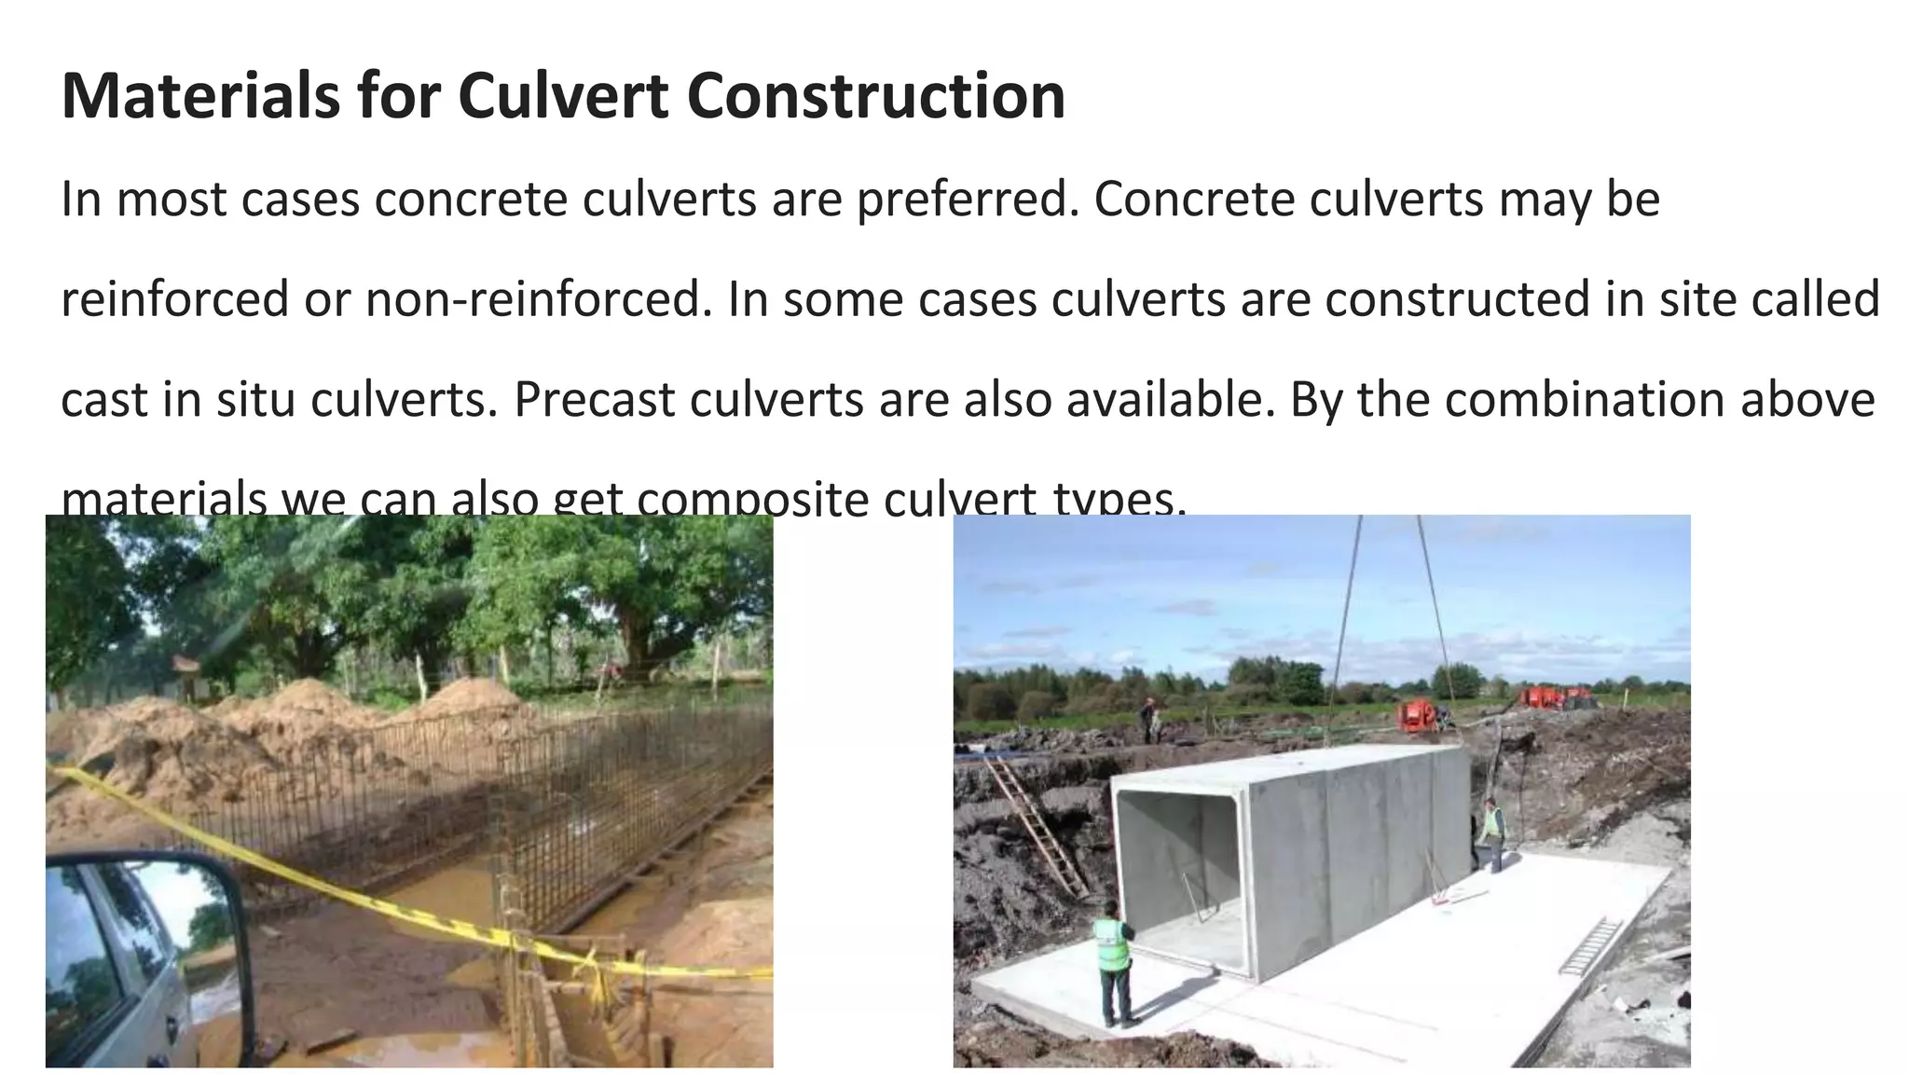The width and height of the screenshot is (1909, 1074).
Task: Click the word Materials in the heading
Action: (x=200, y=96)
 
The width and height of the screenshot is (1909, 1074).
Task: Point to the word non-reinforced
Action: (x=532, y=299)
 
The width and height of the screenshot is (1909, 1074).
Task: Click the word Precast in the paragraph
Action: (x=595, y=399)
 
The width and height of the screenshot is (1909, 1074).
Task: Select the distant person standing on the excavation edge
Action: (x=1148, y=719)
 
